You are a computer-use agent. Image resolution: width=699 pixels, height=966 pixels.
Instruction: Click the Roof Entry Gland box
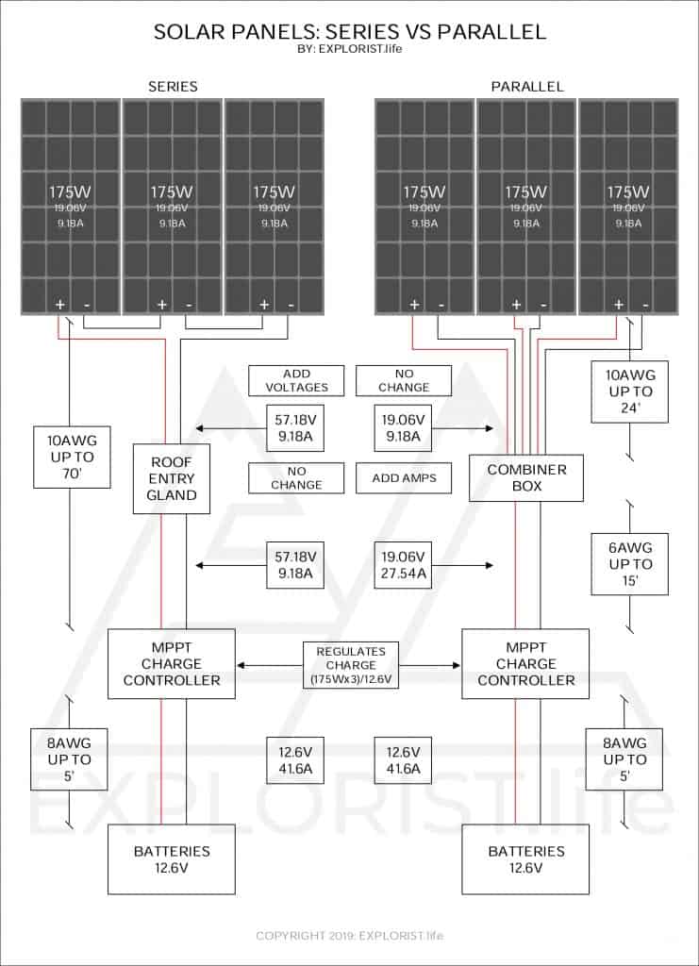(172, 478)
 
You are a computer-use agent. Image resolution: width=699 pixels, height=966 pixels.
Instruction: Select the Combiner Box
(526, 478)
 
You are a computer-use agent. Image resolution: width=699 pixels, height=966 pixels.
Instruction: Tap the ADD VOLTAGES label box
(296, 381)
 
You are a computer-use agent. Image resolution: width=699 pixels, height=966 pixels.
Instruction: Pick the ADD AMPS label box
(404, 478)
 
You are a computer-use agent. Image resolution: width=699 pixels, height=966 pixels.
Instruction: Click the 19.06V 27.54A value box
(404, 565)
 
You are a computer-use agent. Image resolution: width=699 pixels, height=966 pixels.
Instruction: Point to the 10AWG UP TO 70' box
(72, 458)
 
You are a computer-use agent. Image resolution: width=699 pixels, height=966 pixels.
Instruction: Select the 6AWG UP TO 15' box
(630, 564)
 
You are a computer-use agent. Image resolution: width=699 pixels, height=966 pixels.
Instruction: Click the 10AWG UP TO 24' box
(630, 391)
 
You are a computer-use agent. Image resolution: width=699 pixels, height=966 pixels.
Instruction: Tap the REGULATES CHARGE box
(351, 665)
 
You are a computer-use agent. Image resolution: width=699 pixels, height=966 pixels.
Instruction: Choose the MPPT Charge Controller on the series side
(172, 663)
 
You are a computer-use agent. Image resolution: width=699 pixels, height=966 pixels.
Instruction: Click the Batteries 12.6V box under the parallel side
(526, 859)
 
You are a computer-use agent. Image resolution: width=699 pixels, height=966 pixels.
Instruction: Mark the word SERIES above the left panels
(173, 86)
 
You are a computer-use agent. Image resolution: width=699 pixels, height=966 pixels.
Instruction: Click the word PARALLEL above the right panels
(527, 86)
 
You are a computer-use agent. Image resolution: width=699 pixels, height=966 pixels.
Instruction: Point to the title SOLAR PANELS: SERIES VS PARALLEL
(350, 32)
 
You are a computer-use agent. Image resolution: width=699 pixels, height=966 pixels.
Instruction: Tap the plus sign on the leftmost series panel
(60, 305)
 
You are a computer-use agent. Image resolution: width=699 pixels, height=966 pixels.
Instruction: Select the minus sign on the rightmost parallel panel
(645, 305)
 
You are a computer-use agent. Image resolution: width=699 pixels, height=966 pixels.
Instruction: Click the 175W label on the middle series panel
(172, 192)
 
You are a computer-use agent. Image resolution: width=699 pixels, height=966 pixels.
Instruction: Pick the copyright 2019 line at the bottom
(350, 935)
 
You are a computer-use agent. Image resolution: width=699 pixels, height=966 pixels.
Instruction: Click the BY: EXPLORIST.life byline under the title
(349, 49)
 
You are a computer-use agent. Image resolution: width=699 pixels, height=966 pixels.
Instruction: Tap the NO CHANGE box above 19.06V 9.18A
(404, 381)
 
